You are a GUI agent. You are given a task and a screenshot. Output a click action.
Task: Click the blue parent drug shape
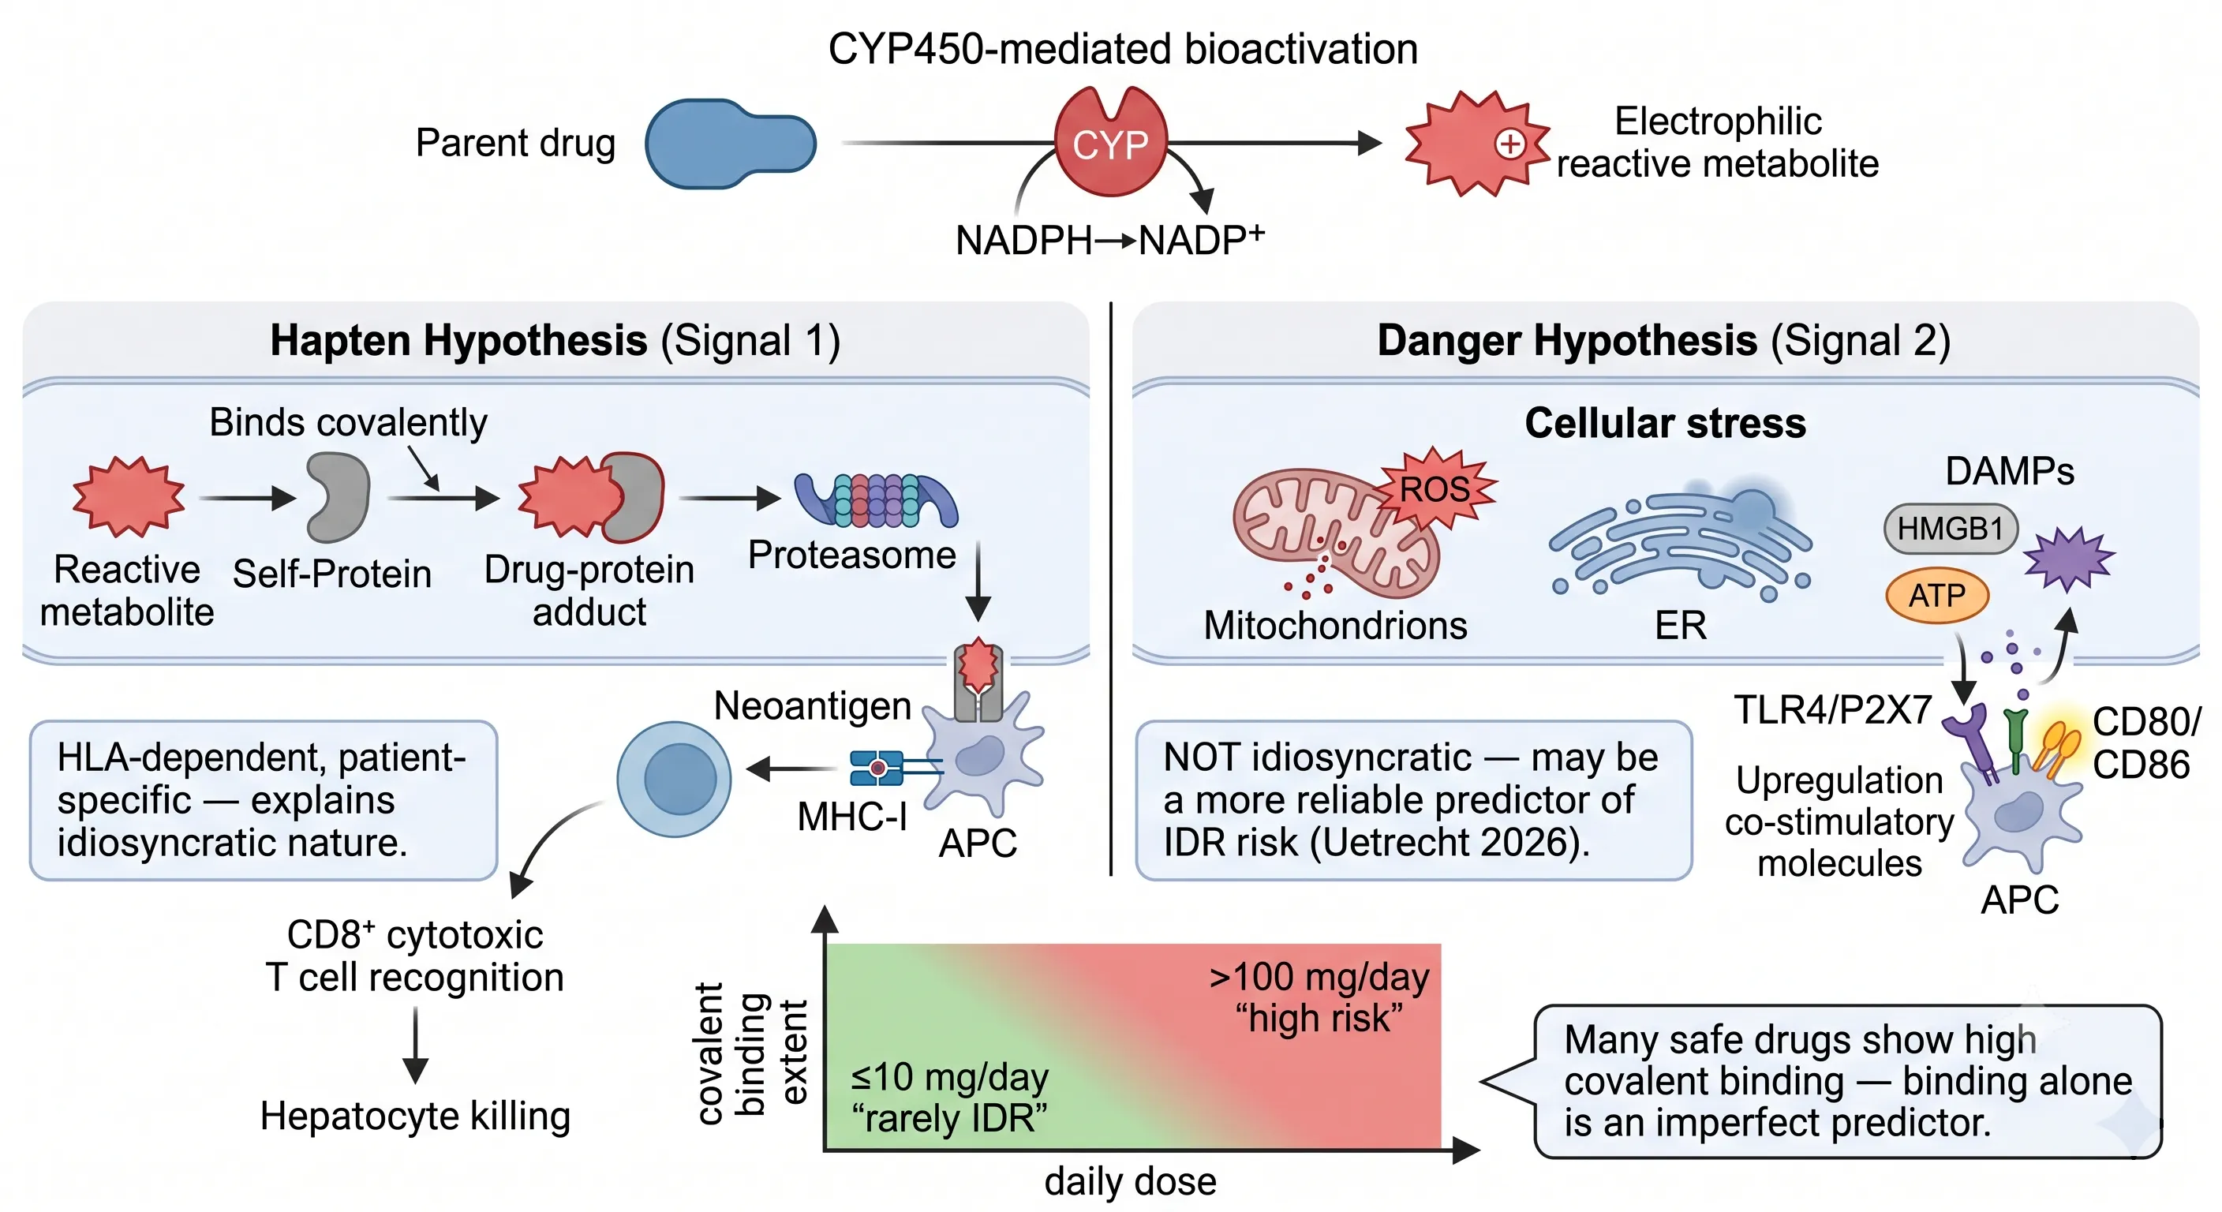(730, 143)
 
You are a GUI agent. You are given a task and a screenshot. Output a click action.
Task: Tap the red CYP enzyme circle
(1111, 142)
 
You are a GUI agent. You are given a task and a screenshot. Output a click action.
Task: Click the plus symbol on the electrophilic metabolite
(1510, 144)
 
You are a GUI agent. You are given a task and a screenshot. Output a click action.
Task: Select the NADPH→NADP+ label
(1110, 240)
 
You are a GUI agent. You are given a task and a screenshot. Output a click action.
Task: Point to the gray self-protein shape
(339, 498)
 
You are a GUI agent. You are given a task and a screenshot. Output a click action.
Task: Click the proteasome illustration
(876, 500)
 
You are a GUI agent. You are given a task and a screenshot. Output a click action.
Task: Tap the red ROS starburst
(1435, 489)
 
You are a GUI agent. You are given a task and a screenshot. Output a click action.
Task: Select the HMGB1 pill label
(1951, 528)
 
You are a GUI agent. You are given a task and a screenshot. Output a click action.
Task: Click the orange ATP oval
(1937, 595)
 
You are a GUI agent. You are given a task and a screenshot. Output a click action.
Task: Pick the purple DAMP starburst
(2068, 558)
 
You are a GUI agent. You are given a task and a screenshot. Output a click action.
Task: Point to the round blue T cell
(674, 779)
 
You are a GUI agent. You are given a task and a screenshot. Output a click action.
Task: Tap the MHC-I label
(852, 816)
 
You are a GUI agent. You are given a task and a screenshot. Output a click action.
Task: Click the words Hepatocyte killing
(415, 1117)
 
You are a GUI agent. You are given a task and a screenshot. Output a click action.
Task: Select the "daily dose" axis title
(1130, 1181)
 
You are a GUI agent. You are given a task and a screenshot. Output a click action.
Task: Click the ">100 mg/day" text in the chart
(1319, 978)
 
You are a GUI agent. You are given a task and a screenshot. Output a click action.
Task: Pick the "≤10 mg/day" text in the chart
(950, 1077)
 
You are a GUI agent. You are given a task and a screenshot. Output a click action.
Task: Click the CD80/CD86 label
(2146, 743)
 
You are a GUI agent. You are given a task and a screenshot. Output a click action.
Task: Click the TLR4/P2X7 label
(1833, 710)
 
